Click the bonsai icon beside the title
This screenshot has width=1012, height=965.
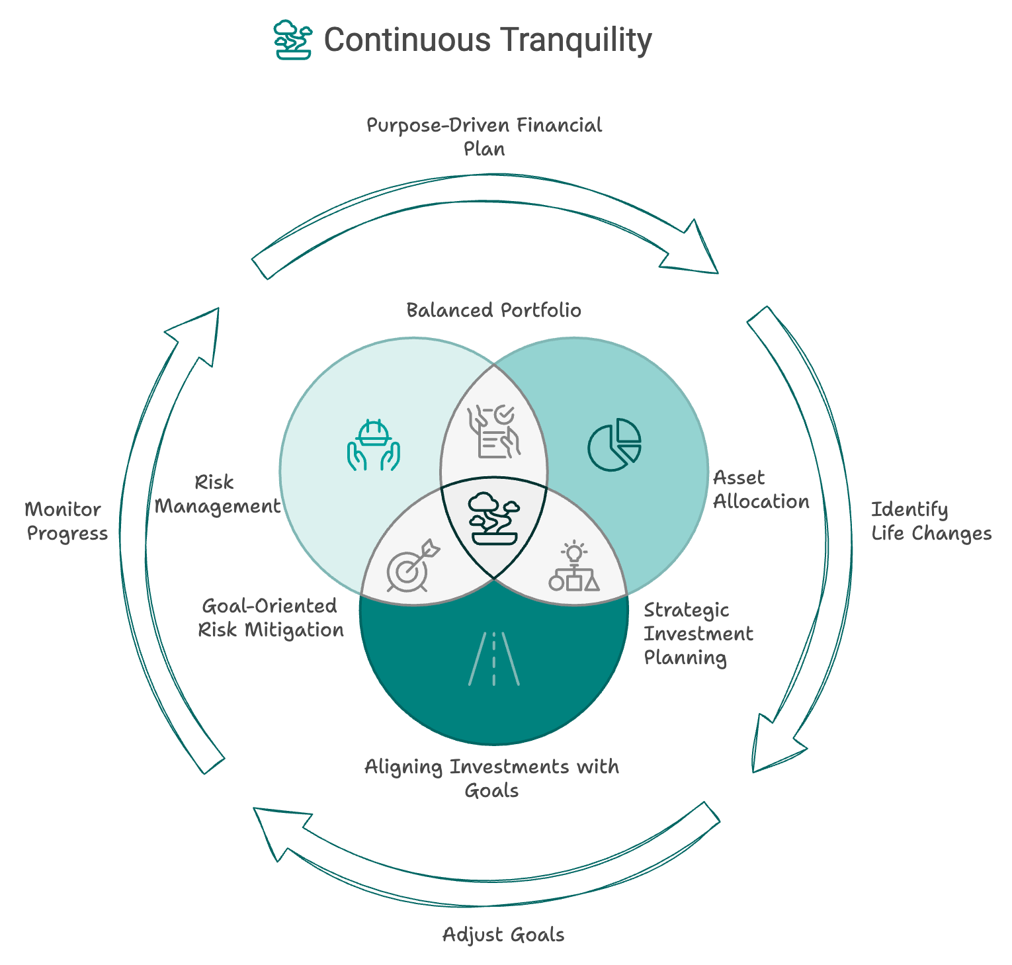[292, 40]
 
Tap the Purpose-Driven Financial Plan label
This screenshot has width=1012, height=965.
[484, 136]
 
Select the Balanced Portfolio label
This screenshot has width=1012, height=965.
[493, 310]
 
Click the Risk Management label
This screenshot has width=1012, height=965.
[217, 494]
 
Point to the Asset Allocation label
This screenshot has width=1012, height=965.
[761, 489]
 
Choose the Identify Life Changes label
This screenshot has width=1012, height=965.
[931, 521]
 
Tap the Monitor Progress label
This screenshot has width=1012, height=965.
[66, 521]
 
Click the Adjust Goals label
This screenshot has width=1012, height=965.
[503, 935]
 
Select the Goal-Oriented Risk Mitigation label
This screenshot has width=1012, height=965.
[271, 618]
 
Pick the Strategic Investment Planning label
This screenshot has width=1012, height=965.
[698, 634]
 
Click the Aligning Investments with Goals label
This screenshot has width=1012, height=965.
[492, 778]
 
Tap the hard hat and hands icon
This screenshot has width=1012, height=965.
[374, 445]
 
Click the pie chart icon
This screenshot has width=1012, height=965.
[614, 444]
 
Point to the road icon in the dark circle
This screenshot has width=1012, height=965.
[494, 658]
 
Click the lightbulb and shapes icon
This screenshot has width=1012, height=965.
[574, 566]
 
